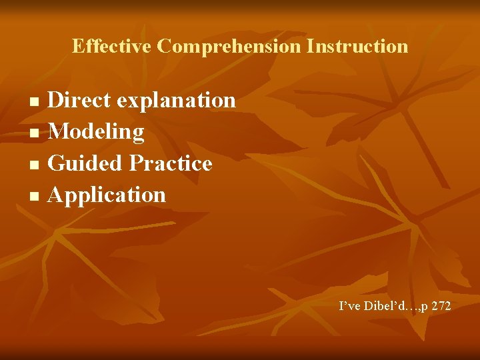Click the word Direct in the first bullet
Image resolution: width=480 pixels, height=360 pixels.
click(x=80, y=100)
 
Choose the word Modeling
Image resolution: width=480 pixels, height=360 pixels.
click(x=96, y=132)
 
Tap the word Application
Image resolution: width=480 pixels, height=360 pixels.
click(x=107, y=195)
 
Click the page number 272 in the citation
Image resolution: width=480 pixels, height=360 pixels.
click(x=441, y=306)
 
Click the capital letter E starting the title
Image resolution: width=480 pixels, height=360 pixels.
click(x=77, y=46)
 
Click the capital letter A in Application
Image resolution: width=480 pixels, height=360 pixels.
click(x=56, y=195)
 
